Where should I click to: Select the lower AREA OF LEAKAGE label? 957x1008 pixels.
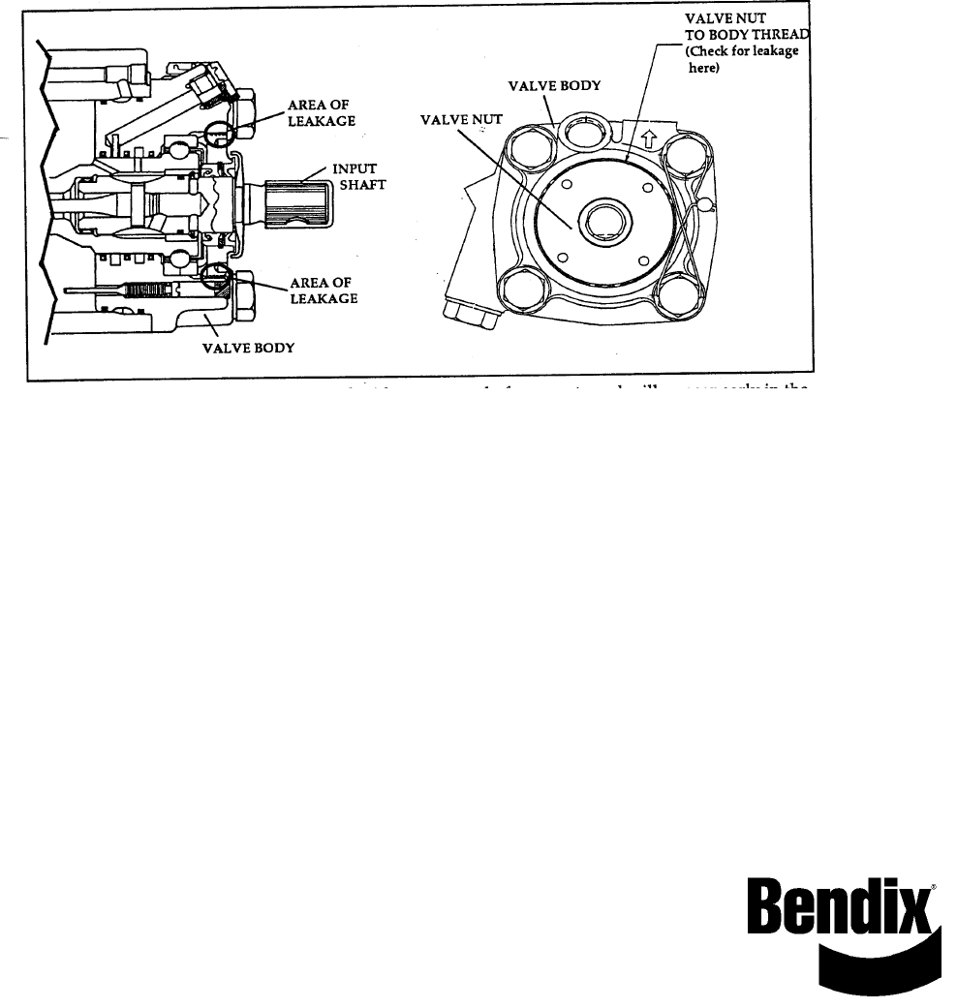(x=324, y=290)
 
